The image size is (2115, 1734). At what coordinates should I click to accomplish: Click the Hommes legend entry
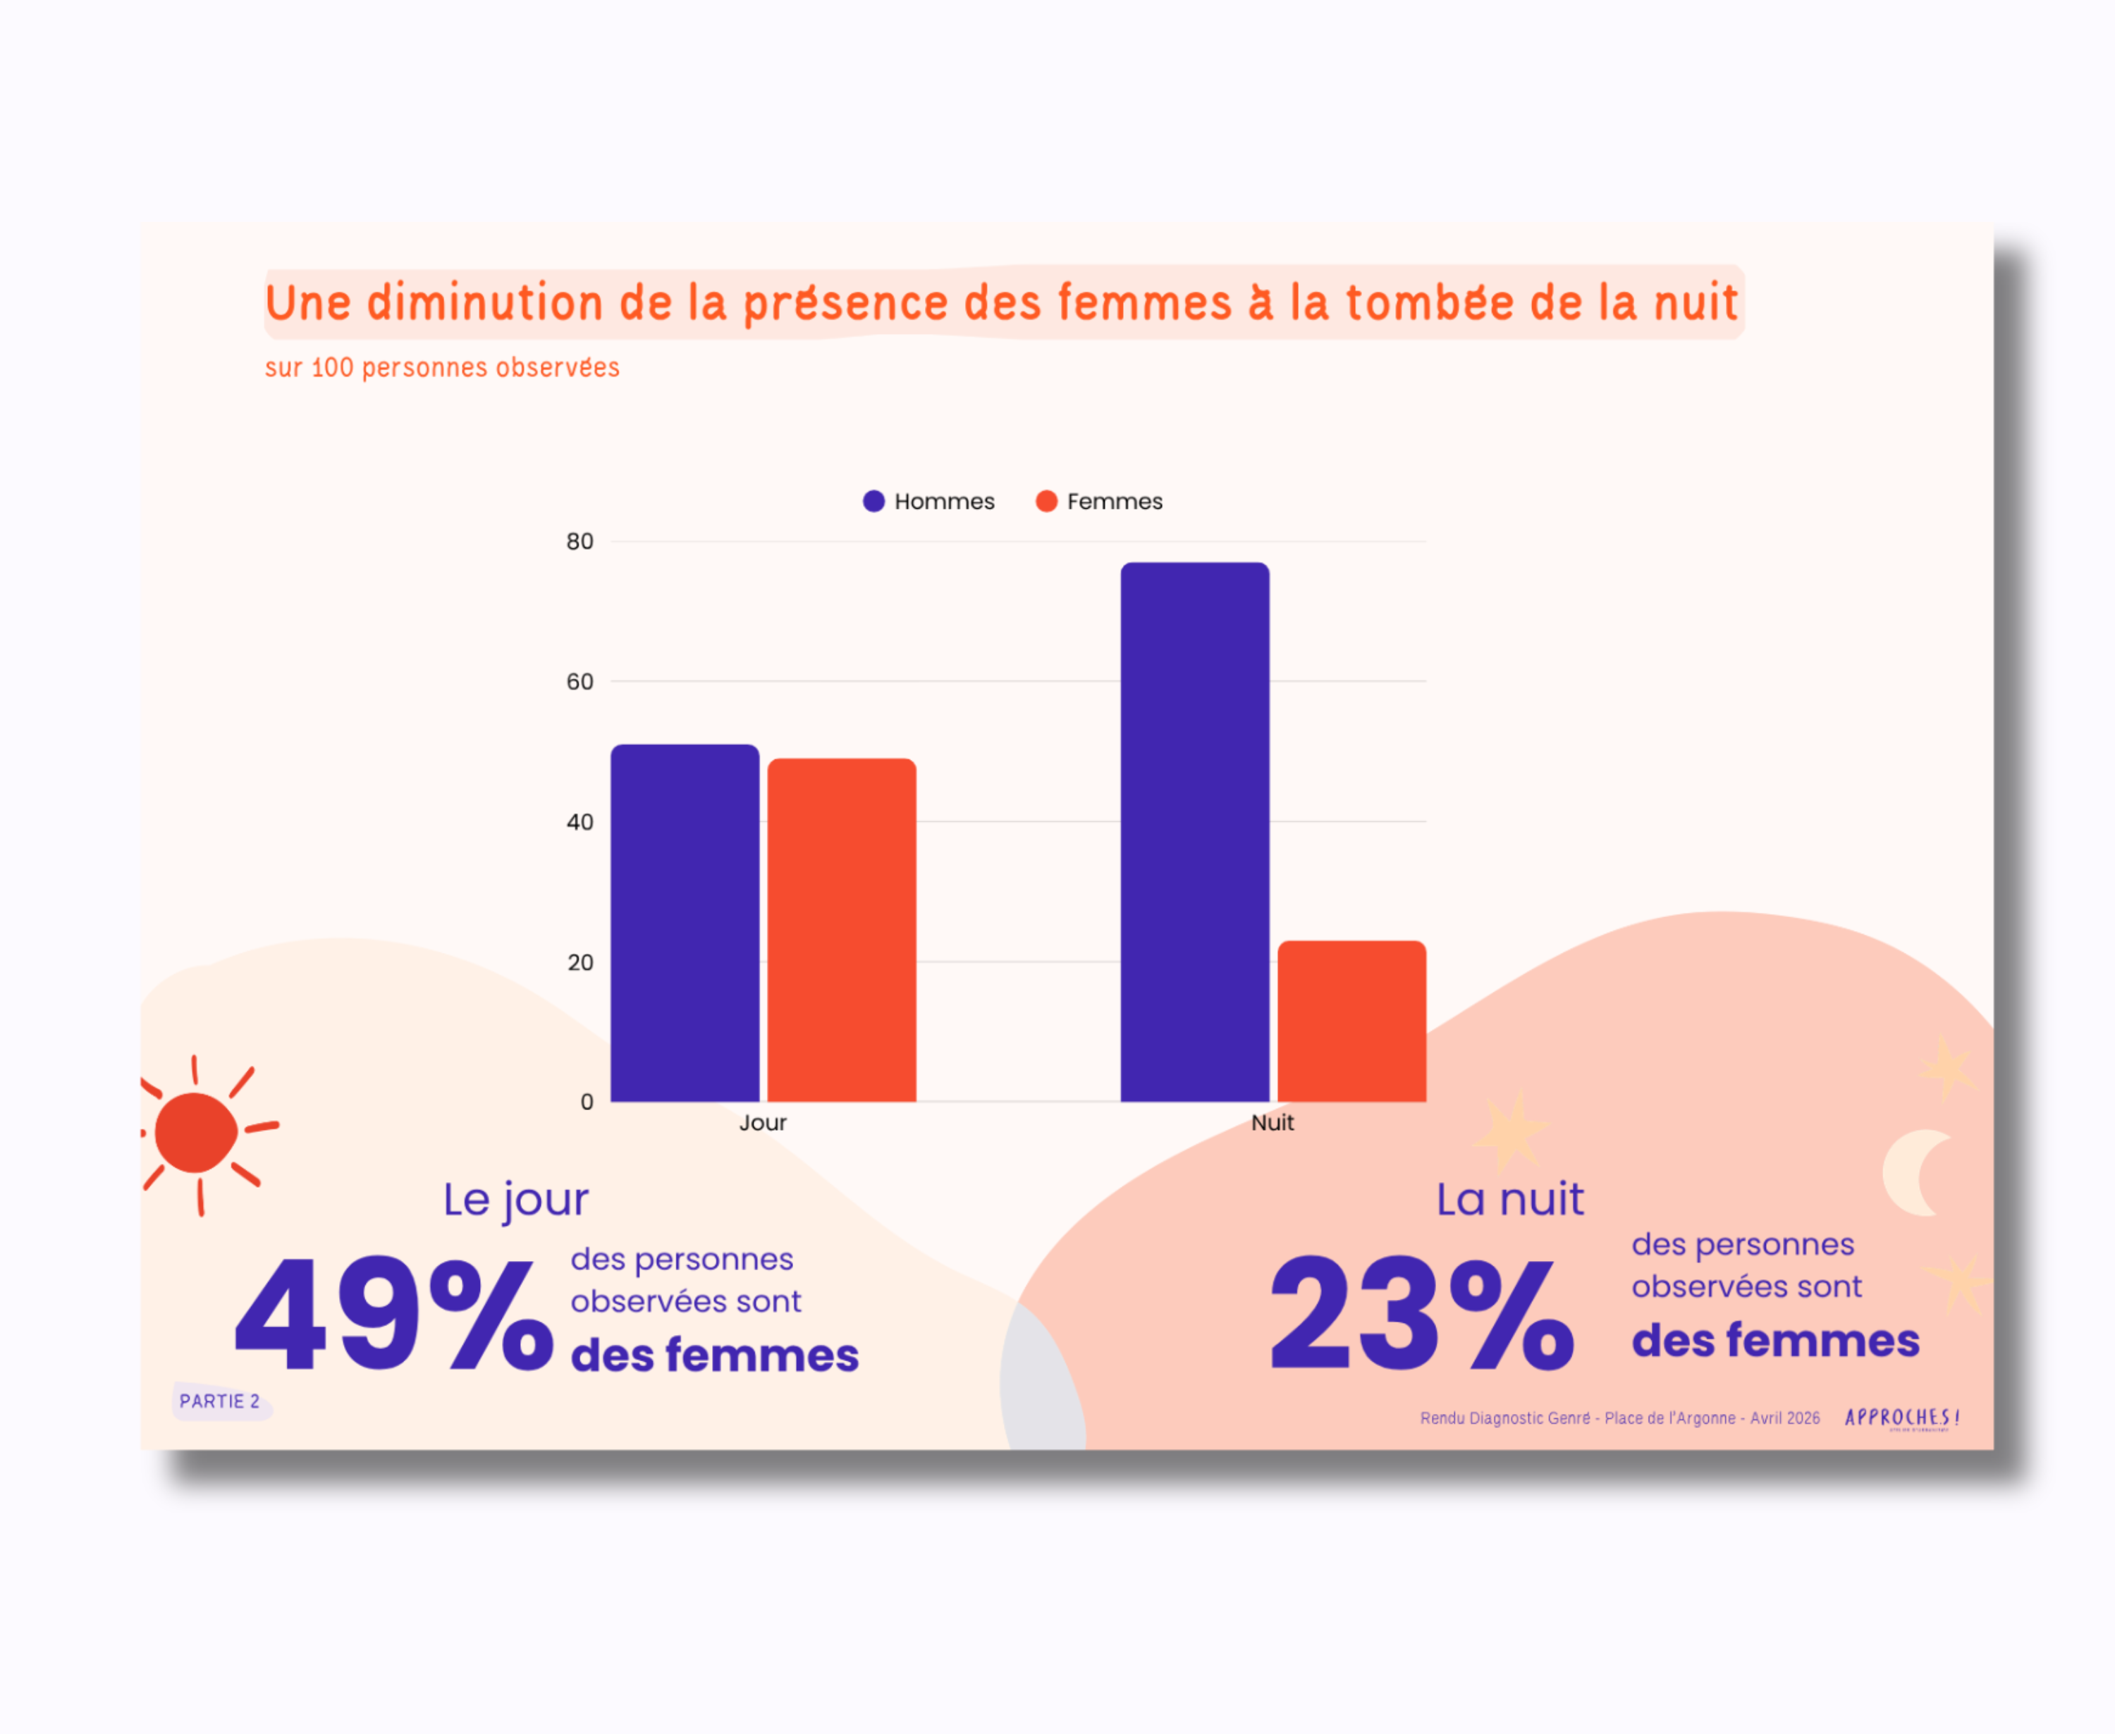929,501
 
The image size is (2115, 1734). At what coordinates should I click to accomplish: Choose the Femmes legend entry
1099,501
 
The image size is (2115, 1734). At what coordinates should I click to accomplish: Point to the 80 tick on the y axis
580,541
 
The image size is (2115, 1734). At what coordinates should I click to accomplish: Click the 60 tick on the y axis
580,681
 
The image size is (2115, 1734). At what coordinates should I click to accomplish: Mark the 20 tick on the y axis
580,962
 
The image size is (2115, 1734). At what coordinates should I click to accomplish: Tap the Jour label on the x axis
762,1123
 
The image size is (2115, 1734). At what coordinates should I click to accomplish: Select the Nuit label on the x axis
1272,1123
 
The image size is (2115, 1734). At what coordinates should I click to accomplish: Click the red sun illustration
197,1132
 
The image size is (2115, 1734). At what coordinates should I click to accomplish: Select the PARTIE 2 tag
220,1401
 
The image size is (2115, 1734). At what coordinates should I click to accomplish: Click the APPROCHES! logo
1901,1418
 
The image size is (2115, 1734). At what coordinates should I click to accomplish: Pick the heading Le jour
515,1200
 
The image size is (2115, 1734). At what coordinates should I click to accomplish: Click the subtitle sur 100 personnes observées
441,367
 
